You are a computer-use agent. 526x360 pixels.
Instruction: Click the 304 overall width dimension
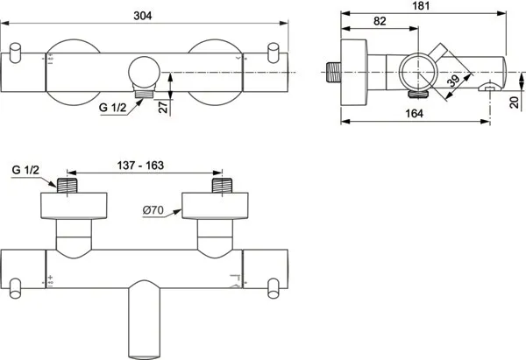click(143, 16)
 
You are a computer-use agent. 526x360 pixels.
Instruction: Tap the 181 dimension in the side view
click(421, 6)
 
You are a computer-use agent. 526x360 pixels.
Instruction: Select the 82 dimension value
click(380, 21)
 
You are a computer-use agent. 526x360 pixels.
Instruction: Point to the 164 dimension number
click(414, 114)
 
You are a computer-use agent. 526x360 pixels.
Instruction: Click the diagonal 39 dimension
click(453, 81)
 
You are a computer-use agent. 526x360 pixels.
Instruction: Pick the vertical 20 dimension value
click(515, 102)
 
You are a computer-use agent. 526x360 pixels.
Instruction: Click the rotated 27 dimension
click(163, 107)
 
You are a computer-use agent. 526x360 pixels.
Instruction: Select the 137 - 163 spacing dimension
click(140, 166)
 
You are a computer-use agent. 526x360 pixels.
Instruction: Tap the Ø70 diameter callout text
click(153, 210)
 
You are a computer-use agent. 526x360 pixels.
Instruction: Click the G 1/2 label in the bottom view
click(25, 170)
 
